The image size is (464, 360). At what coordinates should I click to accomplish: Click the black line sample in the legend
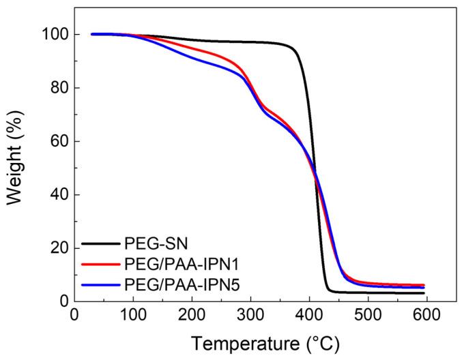[x=102, y=243]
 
